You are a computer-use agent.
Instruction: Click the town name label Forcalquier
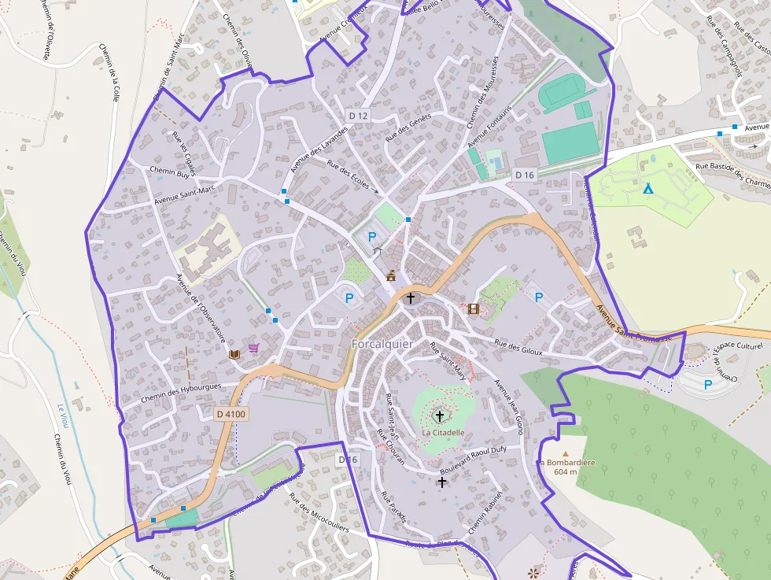[382, 344]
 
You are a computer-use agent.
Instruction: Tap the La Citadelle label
[443, 432]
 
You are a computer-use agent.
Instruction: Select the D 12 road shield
[358, 116]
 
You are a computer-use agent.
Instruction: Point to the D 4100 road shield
[231, 413]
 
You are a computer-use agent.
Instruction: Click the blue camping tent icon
[647, 189]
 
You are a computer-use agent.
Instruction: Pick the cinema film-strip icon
[473, 308]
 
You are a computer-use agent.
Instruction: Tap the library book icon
[234, 355]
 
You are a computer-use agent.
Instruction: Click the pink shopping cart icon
[253, 348]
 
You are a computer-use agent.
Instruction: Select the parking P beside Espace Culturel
[708, 385]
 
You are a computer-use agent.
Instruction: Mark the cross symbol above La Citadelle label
[439, 416]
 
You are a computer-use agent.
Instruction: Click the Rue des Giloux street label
[518, 347]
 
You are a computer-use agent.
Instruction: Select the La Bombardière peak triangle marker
[565, 453]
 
